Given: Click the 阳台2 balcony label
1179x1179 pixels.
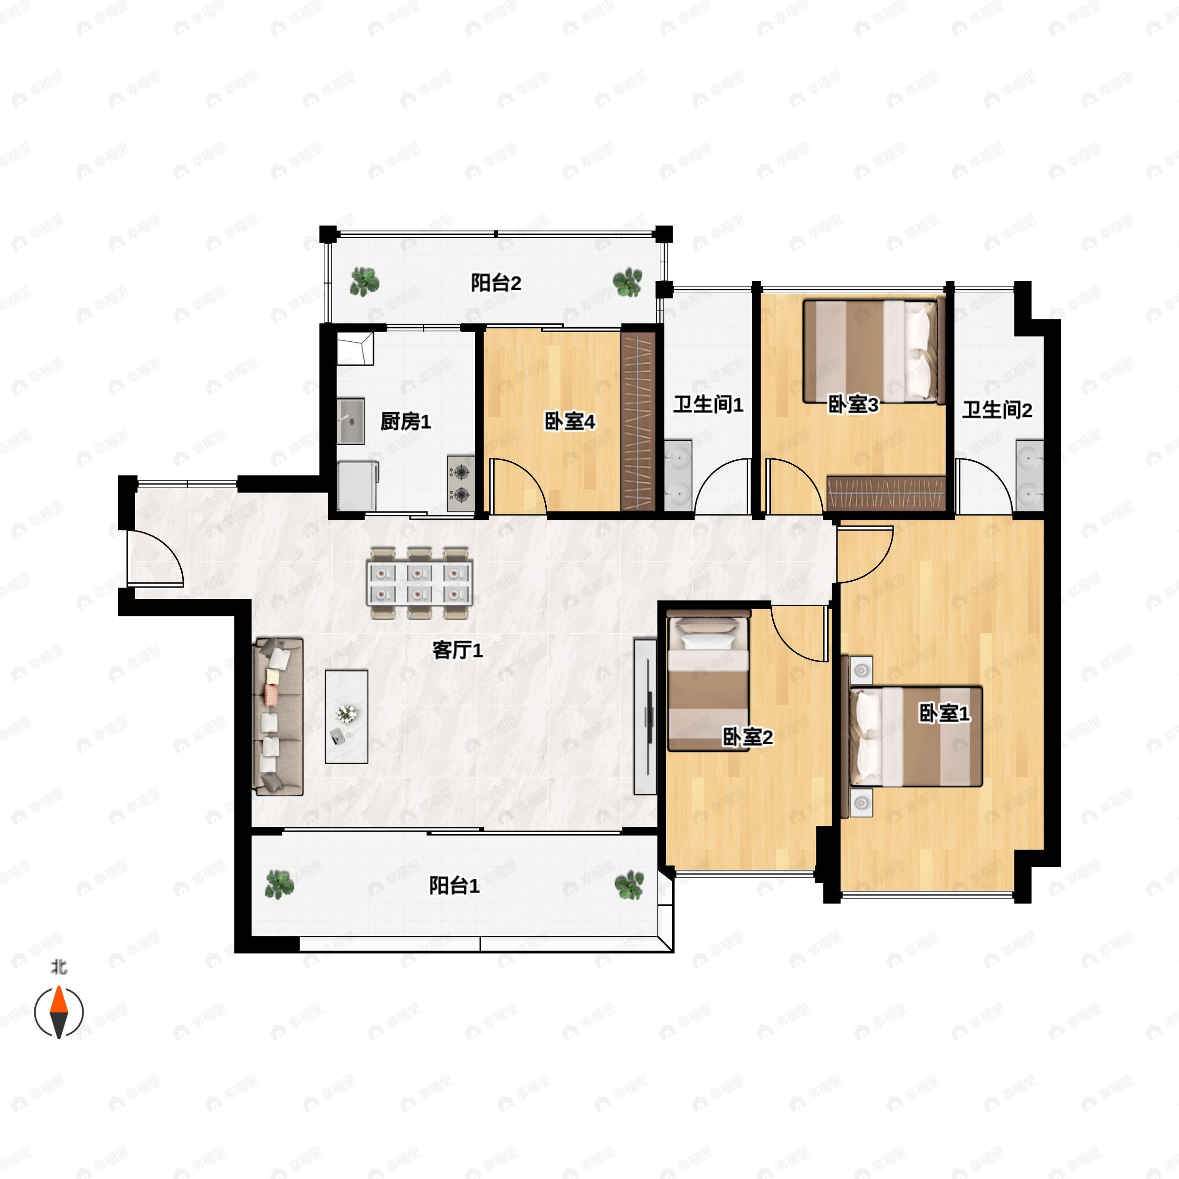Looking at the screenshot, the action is click(x=496, y=283).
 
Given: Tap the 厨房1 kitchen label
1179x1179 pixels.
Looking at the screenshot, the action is click(x=405, y=421).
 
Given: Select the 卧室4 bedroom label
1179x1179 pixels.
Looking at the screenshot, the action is click(x=569, y=421).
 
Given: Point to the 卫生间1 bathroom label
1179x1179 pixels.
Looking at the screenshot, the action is click(x=708, y=405).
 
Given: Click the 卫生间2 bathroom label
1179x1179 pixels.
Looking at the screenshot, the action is click(x=997, y=410).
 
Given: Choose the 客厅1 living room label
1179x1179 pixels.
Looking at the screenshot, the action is click(x=458, y=650).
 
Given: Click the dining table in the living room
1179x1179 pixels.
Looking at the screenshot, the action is click(x=420, y=584).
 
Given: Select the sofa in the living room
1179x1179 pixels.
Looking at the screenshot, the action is click(x=278, y=717).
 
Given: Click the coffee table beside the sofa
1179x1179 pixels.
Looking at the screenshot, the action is click(x=346, y=716).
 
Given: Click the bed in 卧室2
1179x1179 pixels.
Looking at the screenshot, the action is click(x=708, y=683).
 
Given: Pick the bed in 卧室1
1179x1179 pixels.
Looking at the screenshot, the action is click(x=916, y=736).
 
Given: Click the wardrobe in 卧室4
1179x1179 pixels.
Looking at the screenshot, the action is click(x=638, y=421).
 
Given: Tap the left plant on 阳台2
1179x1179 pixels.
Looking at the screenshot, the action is click(x=365, y=281).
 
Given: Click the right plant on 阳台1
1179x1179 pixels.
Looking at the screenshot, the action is click(x=629, y=885).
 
